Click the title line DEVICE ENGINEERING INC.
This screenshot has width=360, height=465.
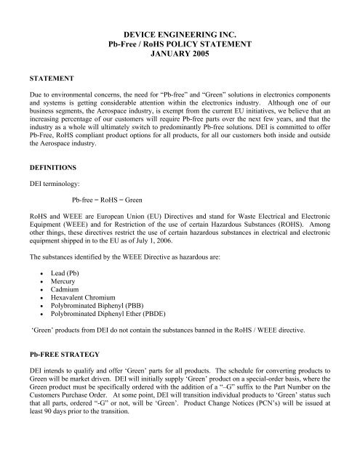179,34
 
